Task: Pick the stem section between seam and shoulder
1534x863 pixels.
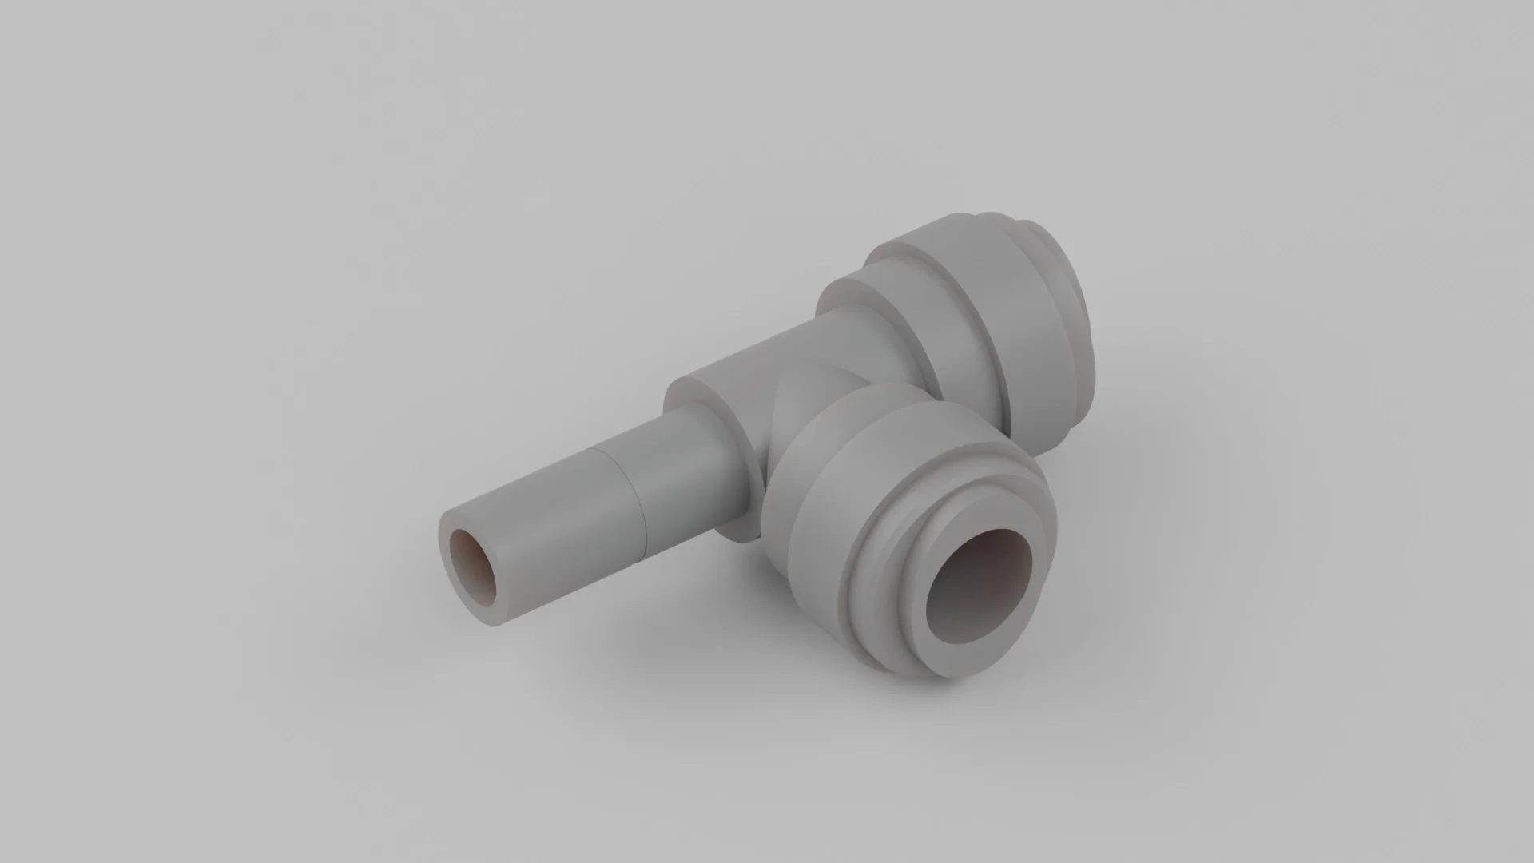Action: point(679,471)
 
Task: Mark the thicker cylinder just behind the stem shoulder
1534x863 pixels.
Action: point(743,376)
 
